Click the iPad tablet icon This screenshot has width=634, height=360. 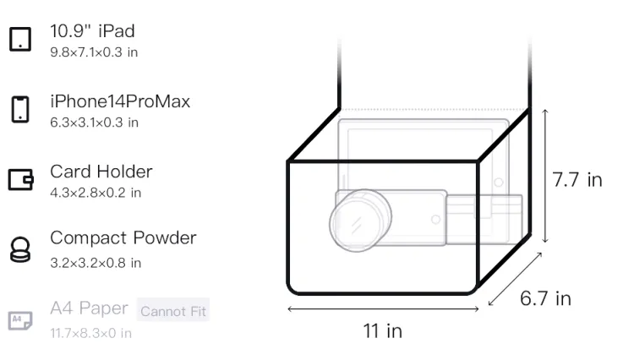20,39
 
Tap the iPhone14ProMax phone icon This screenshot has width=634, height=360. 20,109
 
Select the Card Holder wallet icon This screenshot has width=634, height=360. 20,179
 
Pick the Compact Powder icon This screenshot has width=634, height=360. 20,249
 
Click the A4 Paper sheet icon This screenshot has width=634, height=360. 20,320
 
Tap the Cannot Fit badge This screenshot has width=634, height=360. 173,310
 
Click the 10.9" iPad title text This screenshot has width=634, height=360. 93,31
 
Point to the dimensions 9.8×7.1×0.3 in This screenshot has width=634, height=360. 94,52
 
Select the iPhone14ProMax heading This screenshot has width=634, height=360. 120,101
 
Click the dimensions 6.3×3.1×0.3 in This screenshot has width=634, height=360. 94,123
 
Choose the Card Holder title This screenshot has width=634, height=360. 101,172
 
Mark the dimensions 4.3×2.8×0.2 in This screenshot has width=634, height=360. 96,193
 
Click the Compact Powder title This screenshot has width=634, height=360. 123,238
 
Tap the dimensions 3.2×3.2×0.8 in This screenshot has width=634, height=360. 96,263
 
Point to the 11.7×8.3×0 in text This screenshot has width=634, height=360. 91,333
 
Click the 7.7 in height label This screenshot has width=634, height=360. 577,180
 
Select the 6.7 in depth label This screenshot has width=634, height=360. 545,298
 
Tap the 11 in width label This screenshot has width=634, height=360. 382,331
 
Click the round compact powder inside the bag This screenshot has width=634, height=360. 360,221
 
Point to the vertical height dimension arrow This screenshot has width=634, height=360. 545,176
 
